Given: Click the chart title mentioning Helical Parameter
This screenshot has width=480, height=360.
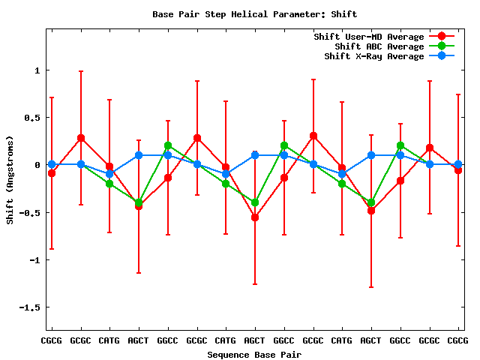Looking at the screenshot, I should [x=254, y=14].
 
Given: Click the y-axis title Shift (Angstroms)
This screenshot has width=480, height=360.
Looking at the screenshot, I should [x=10, y=180].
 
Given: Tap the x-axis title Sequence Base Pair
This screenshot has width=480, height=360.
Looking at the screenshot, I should [x=254, y=354].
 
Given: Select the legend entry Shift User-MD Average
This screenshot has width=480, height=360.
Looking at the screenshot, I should [x=368, y=37].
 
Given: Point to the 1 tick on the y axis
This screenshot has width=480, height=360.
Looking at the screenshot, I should [x=37, y=70].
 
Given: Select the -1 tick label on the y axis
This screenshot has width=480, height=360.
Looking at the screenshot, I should [x=34, y=260].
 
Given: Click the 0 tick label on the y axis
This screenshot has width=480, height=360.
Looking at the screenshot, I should [x=37, y=165].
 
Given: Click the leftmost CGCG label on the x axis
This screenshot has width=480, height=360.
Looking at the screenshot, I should [x=52, y=340].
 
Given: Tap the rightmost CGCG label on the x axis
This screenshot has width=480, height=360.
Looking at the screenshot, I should [x=458, y=340].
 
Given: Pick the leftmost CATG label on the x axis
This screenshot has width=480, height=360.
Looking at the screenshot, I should [x=109, y=340].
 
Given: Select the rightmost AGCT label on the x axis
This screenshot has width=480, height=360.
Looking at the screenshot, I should [x=371, y=340].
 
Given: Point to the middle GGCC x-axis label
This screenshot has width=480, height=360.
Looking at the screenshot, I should [x=284, y=340].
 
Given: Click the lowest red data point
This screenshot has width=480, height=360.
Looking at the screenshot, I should [x=255, y=217].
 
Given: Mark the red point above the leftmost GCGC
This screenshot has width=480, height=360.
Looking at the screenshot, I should [x=81, y=138].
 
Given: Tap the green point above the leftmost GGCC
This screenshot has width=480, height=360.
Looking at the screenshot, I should [x=168, y=145].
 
